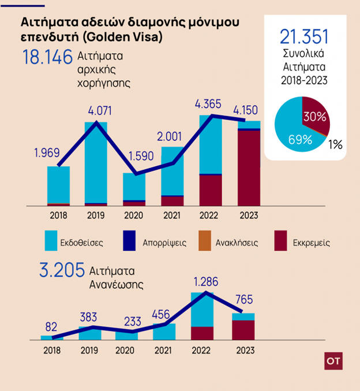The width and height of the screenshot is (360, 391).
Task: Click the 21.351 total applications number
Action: (304, 37)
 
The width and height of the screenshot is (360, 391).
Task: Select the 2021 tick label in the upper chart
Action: (172, 215)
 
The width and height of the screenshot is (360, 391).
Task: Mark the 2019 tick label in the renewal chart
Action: (89, 350)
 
